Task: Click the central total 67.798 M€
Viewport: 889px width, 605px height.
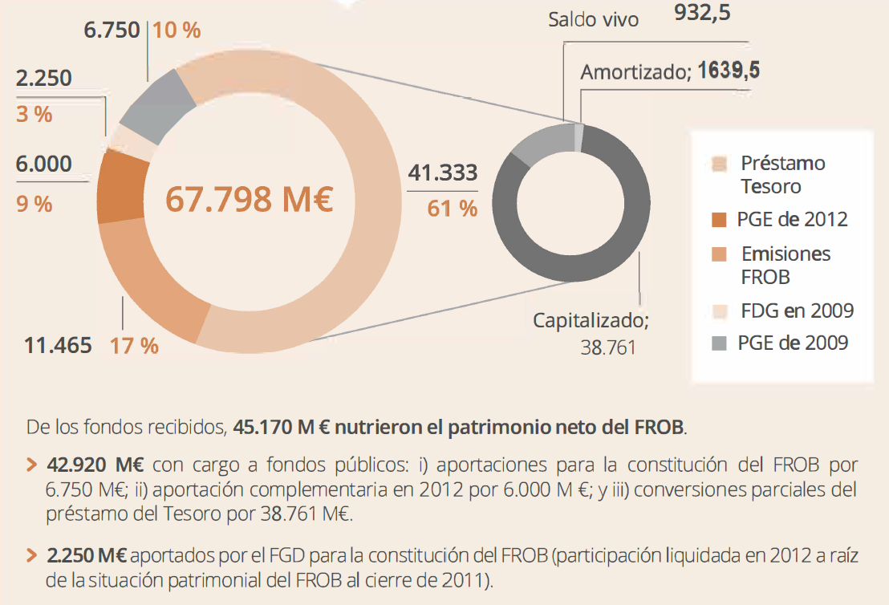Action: tap(249, 199)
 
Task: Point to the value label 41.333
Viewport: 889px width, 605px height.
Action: tap(442, 173)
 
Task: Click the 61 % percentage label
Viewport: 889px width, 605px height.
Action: tap(452, 209)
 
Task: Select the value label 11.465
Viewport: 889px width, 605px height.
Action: tap(57, 346)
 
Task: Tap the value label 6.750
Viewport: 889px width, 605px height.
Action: tap(112, 30)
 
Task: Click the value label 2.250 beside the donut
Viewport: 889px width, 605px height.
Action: tap(43, 78)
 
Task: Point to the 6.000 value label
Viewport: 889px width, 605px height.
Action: tap(43, 164)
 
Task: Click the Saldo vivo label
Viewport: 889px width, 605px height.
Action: tap(594, 19)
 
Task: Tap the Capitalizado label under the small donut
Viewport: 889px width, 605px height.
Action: tap(591, 320)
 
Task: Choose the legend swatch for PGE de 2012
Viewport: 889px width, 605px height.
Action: tap(719, 220)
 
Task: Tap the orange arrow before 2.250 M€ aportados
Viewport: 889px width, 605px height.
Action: tap(31, 555)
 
